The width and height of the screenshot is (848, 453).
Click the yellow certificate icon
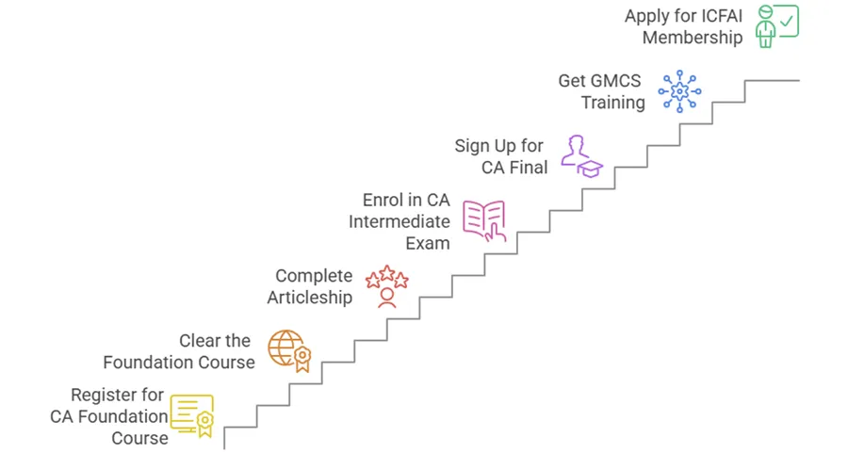click(192, 415)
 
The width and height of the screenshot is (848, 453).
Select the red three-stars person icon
click(386, 285)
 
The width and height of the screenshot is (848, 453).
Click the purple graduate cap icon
click(581, 155)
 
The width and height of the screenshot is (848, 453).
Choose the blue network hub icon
click(679, 91)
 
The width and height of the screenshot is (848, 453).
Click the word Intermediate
click(400, 222)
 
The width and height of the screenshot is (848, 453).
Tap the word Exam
click(429, 243)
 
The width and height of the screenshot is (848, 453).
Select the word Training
click(612, 103)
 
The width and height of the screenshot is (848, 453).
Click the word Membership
click(693, 38)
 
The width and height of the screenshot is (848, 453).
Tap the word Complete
click(314, 276)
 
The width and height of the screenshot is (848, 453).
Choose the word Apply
click(647, 17)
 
